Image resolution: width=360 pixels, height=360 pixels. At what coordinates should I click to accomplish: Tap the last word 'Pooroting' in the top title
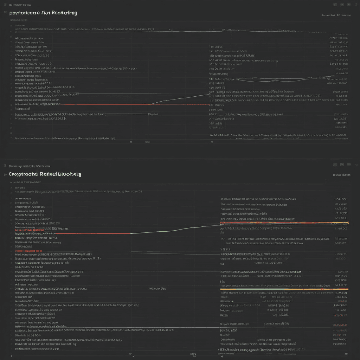(x=64, y=13)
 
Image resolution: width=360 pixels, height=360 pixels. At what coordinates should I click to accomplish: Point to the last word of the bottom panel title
(x=71, y=174)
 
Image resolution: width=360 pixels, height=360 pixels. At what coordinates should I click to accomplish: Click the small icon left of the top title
(x=5, y=13)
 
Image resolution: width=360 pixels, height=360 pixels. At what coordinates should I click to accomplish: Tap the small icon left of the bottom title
(x=5, y=174)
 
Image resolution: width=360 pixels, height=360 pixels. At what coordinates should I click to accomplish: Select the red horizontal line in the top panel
(x=105, y=104)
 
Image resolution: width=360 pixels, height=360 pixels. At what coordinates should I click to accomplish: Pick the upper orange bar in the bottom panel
(x=284, y=223)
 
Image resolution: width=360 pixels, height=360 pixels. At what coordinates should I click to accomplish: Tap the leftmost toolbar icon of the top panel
(x=335, y=5)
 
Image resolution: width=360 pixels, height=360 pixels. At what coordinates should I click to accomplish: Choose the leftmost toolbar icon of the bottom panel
(x=335, y=164)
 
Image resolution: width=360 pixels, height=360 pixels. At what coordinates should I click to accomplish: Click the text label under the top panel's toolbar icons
(x=336, y=15)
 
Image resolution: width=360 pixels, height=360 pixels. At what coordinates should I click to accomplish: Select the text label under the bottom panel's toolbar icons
(x=341, y=174)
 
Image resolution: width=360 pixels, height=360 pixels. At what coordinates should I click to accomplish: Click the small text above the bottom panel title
(x=30, y=166)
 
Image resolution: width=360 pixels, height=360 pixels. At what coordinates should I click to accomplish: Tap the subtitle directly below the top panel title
(x=17, y=20)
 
